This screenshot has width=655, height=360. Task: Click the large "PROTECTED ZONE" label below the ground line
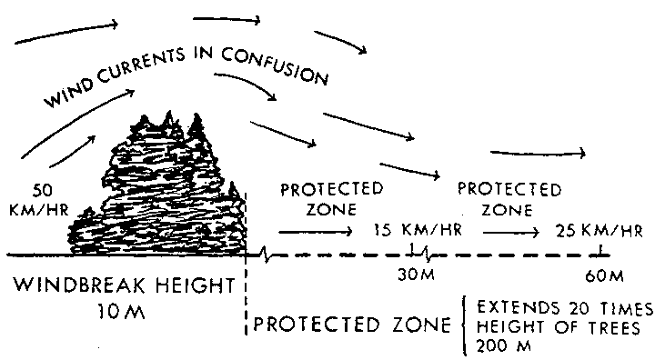351,324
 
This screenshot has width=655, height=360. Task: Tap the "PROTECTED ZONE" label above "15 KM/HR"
331,198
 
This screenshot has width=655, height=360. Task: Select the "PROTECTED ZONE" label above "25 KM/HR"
509,198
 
